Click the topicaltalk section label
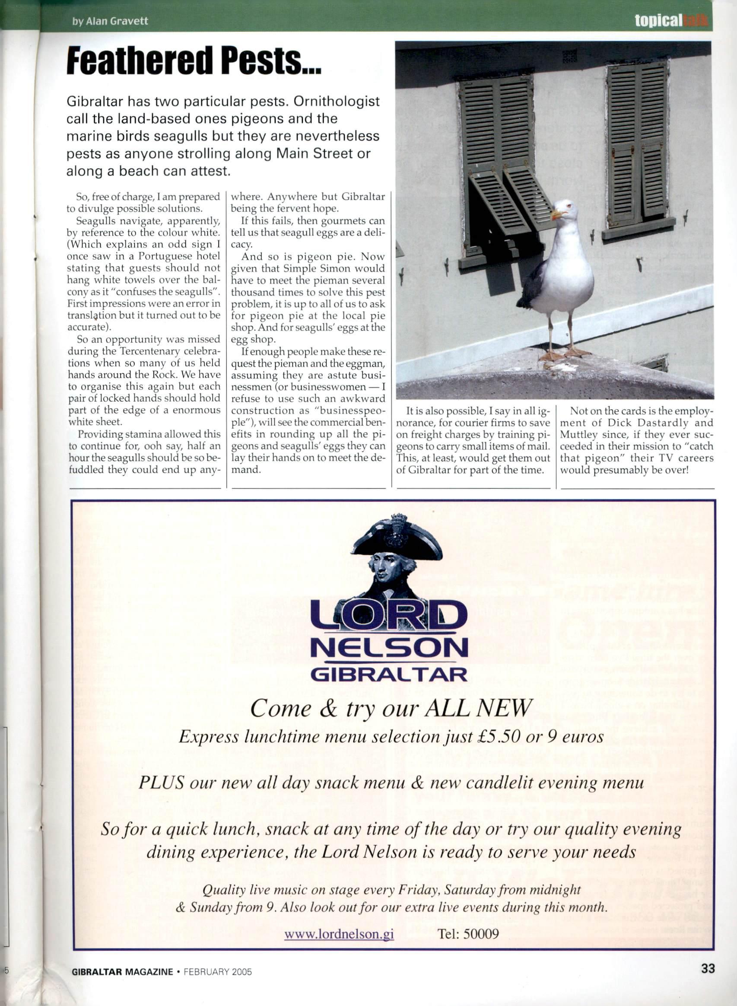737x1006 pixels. [671, 21]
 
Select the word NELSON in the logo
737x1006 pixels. [388, 647]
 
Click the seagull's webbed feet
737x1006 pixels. [564, 355]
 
